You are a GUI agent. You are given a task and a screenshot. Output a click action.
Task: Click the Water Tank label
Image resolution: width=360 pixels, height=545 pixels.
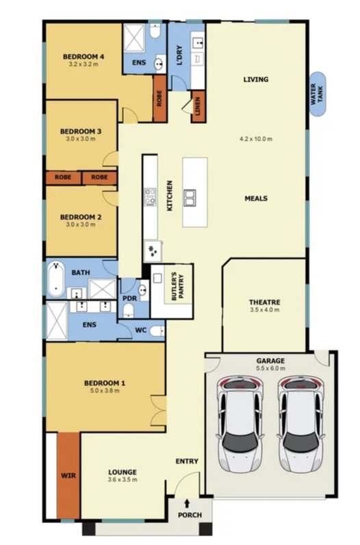pos(317,94)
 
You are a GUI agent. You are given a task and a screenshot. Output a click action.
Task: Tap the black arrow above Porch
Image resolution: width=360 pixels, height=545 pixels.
pos(187,503)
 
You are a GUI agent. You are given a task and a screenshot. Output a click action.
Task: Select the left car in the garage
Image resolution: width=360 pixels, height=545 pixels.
pos(239,424)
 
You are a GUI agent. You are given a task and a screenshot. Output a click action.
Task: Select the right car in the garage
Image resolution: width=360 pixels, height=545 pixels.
pos(300,424)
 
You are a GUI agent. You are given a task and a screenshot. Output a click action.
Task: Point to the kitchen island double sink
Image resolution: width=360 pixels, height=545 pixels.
pos(190,198)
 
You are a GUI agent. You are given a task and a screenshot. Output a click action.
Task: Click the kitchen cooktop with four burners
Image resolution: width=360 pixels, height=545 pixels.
pos(150,197)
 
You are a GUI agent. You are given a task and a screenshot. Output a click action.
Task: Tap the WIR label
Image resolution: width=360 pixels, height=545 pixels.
pos(68,475)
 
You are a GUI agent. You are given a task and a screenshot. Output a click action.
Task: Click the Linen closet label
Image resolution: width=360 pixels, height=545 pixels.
pos(198,106)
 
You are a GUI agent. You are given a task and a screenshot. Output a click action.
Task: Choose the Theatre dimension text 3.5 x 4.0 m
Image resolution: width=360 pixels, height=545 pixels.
pos(264,309)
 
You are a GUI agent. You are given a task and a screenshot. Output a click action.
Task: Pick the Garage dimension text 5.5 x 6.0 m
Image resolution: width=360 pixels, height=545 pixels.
pos(270,368)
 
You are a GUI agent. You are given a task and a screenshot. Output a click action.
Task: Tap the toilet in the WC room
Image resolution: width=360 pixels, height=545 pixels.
pos(157,331)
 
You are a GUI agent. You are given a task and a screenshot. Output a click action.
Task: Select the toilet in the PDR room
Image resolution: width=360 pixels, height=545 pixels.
pos(128,310)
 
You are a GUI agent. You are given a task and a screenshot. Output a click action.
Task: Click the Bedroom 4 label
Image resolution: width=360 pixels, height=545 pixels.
pos(83,57)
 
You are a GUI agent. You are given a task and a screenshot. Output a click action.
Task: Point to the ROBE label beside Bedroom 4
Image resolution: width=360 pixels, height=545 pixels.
pos(159,99)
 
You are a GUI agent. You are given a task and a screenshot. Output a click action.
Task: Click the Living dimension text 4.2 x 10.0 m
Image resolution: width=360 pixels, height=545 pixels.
pos(256,139)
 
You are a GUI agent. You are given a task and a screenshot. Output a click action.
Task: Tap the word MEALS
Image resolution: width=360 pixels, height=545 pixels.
pos(256,199)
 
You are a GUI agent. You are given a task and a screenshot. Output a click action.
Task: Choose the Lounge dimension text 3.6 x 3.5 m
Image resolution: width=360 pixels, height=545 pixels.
pos(123,480)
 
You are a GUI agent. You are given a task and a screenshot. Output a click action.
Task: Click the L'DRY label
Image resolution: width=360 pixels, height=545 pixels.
pos(179,55)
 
